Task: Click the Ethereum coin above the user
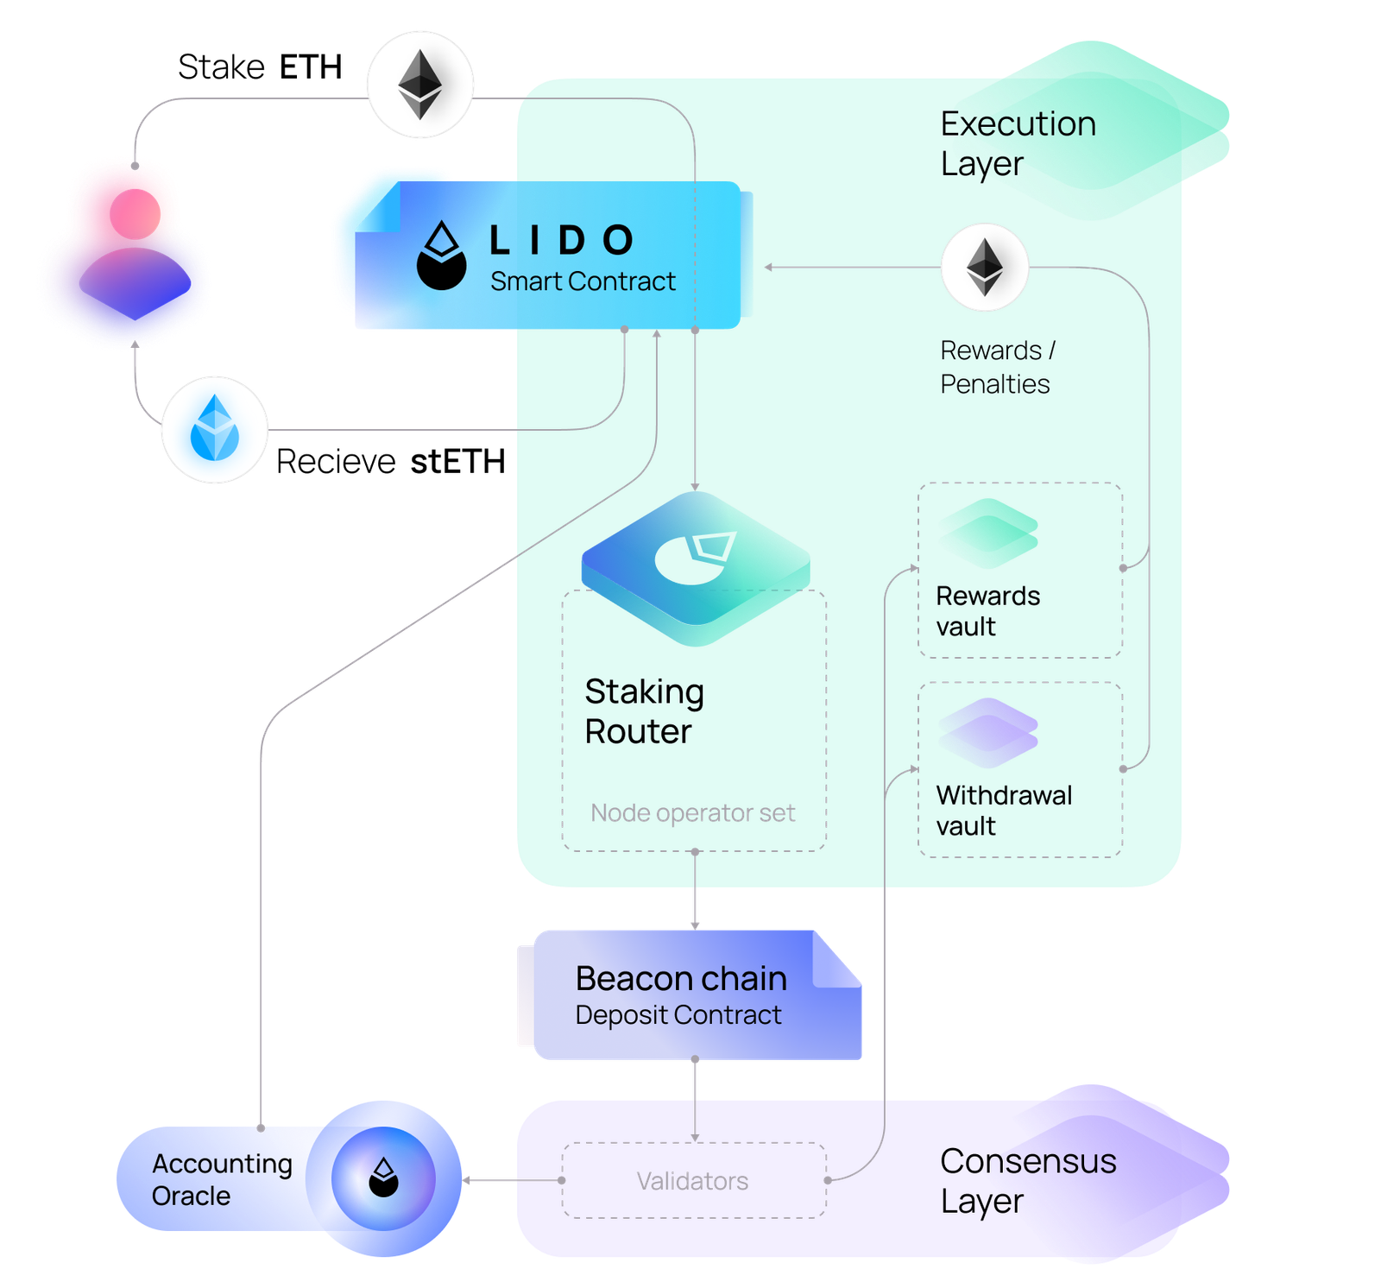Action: pyautogui.click(x=420, y=85)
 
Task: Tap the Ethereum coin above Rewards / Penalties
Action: pyautogui.click(x=985, y=268)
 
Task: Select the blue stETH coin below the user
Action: pyautogui.click(x=214, y=429)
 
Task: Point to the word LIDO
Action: pyautogui.click(x=562, y=241)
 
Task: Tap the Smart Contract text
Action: pyautogui.click(x=583, y=281)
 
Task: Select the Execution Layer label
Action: pyautogui.click(x=1018, y=143)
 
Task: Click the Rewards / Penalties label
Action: pyautogui.click(x=997, y=367)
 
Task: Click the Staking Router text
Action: pyautogui.click(x=644, y=711)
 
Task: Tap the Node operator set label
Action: pyautogui.click(x=692, y=812)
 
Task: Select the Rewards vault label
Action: pyautogui.click(x=987, y=611)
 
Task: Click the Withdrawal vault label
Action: pyautogui.click(x=1004, y=811)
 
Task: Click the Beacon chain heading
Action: pyautogui.click(x=681, y=978)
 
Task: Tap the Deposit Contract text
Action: pyautogui.click(x=678, y=1015)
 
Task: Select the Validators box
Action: pyautogui.click(x=693, y=1180)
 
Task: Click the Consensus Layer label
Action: pyautogui.click(x=1027, y=1181)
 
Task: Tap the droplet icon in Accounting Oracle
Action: pyautogui.click(x=383, y=1178)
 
